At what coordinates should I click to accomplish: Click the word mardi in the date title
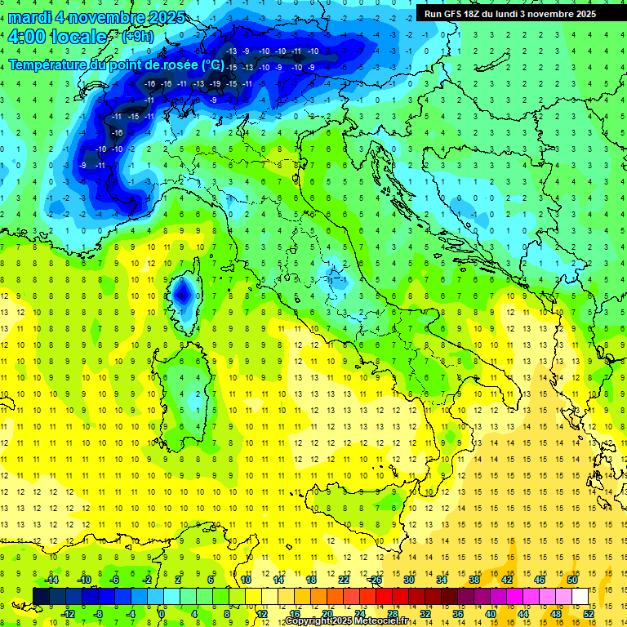tap(30, 17)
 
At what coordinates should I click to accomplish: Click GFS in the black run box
tap(456, 14)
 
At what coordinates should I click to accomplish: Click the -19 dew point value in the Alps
tap(216, 83)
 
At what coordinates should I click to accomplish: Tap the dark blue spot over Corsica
tap(184, 290)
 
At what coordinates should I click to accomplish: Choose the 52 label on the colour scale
tap(589, 614)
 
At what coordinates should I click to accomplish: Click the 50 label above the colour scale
tap(572, 579)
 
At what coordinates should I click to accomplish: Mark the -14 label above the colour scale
tap(51, 579)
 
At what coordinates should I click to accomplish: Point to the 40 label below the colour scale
tap(491, 614)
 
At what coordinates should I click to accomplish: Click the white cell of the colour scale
tap(580, 596)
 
